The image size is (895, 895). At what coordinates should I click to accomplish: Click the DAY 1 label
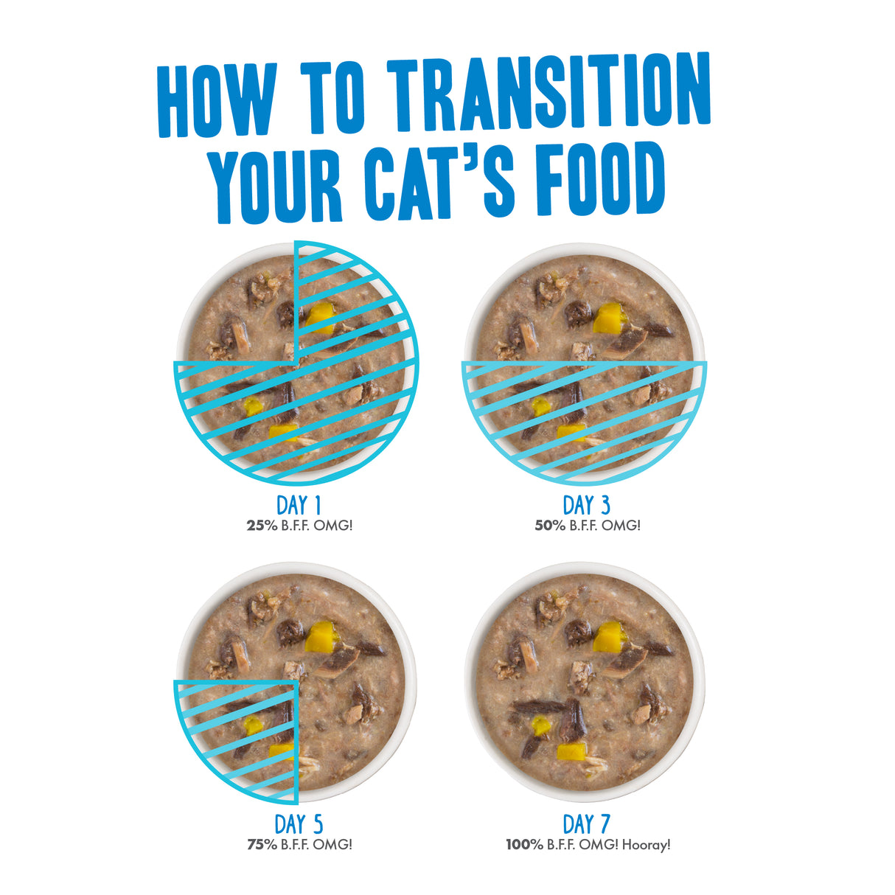coord(299,505)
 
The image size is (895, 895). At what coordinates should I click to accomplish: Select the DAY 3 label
coord(587,505)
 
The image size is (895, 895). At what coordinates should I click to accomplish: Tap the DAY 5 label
coord(299,823)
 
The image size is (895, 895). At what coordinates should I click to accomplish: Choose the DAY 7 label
coord(587,823)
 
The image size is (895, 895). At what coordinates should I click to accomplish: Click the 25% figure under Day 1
coord(261,526)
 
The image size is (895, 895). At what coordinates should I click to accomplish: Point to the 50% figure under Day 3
coord(549,526)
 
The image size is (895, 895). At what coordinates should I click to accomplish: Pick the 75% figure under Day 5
coord(261,845)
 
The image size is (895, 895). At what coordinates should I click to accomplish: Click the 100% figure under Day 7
coord(524,845)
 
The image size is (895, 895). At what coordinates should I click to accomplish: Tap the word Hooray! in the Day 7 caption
coord(646,845)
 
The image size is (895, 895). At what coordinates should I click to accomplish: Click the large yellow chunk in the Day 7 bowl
coord(609,636)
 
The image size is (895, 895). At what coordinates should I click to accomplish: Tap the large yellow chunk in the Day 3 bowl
coord(609,318)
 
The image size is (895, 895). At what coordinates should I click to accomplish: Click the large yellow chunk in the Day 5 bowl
coord(321,636)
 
